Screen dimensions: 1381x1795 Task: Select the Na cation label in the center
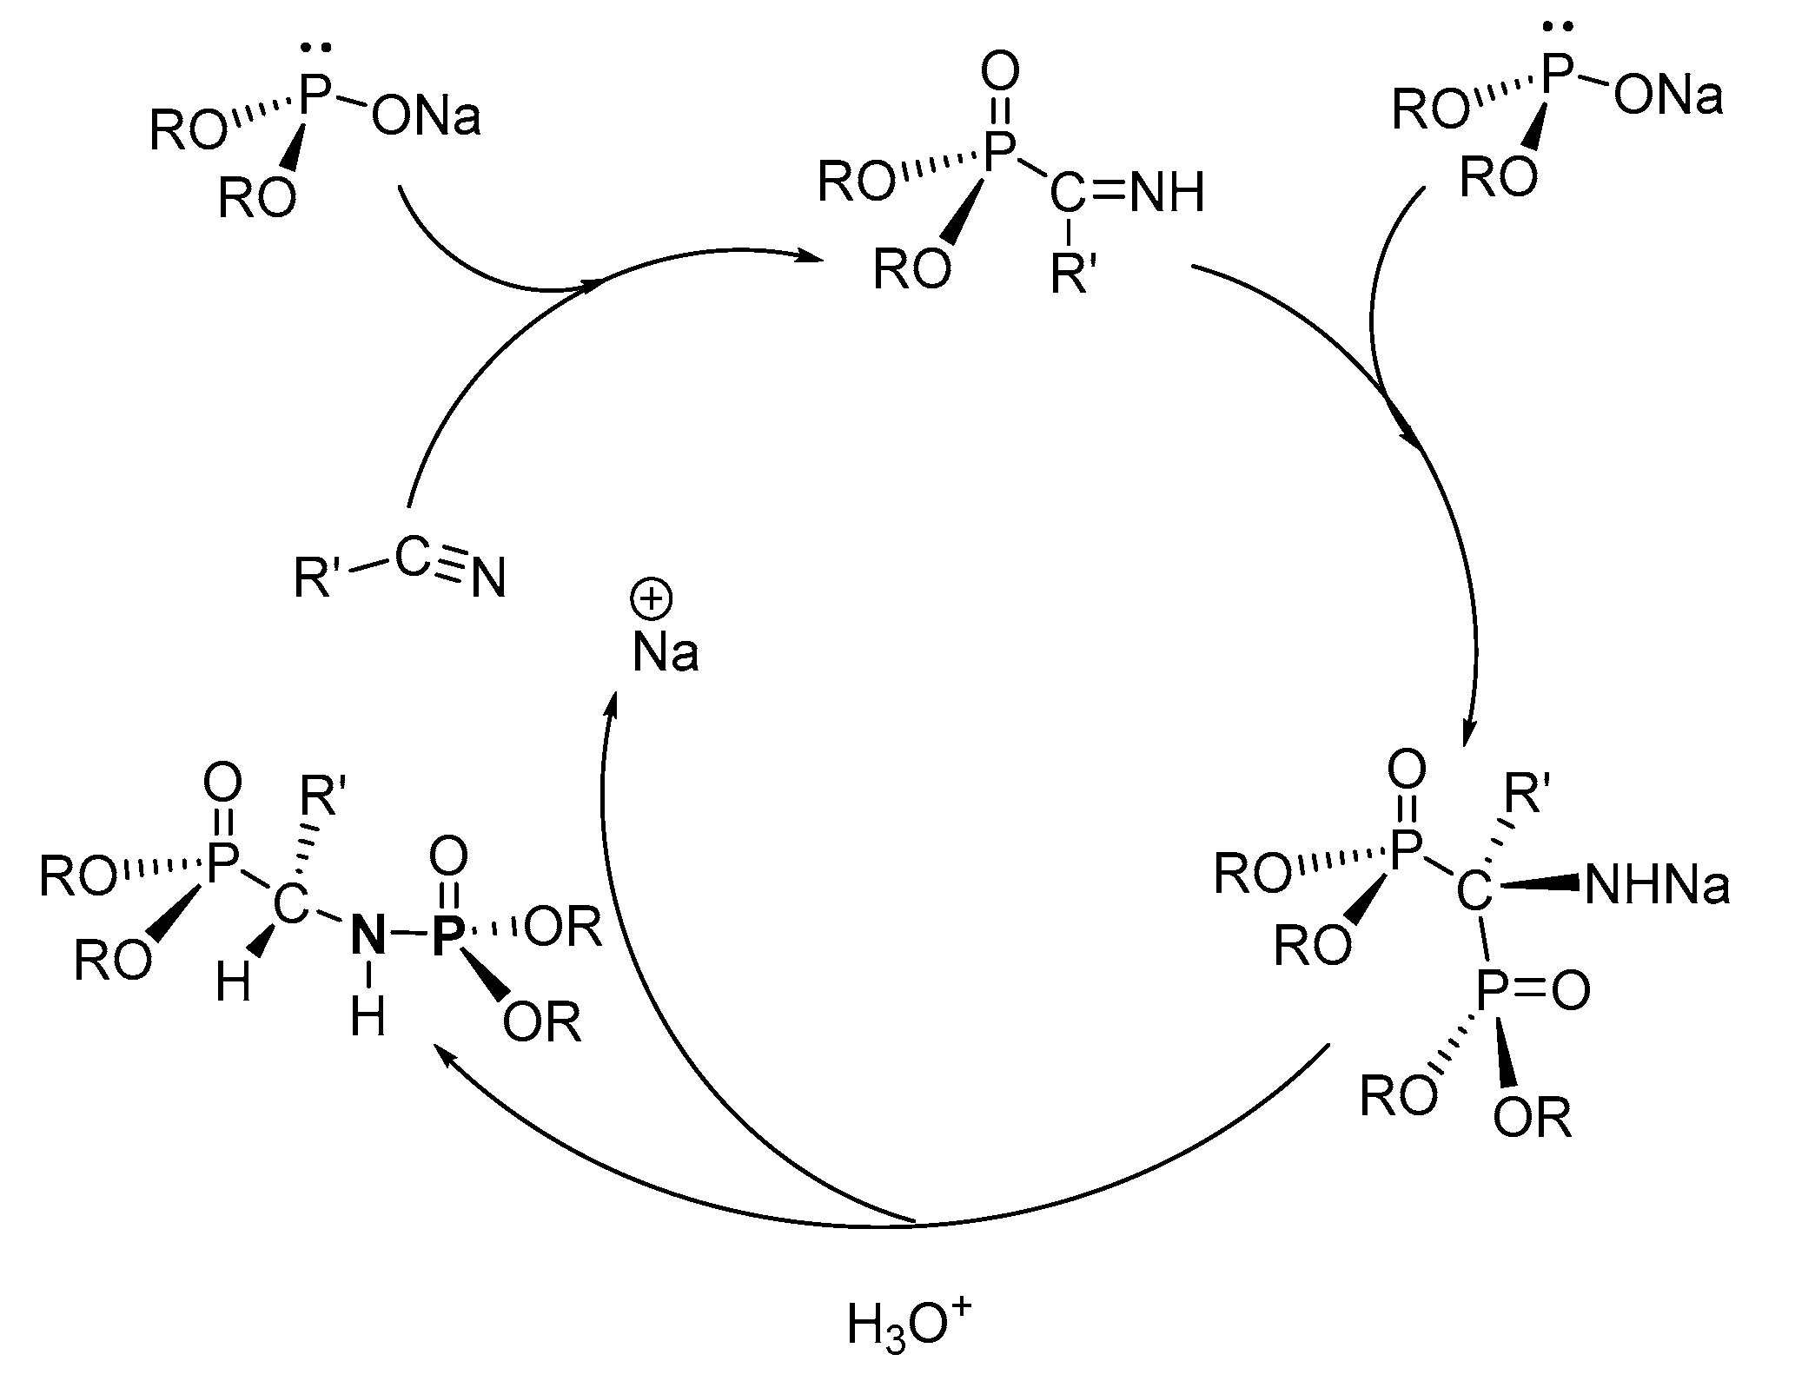click(665, 652)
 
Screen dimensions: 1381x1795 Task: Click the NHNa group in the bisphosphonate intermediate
click(1656, 887)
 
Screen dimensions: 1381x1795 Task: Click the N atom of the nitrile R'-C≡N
click(489, 579)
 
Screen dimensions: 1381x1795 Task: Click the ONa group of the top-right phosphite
click(1668, 97)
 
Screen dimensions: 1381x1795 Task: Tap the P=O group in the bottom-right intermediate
click(1533, 989)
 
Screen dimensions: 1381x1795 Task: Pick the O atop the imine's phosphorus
click(1000, 75)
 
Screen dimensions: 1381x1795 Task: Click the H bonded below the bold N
click(368, 1017)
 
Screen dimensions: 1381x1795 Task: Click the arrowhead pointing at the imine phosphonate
click(810, 257)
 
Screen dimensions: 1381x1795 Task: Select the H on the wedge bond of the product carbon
click(234, 984)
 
